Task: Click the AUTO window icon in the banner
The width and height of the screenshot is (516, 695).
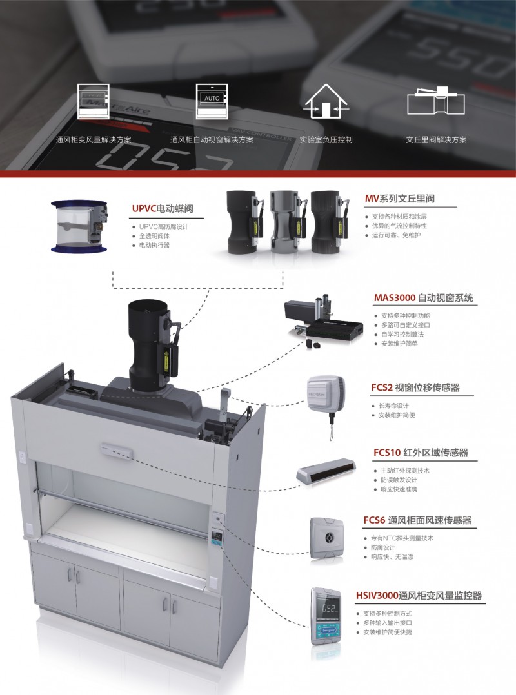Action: pos(212,101)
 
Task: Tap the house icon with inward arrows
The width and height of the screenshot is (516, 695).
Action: pos(326,101)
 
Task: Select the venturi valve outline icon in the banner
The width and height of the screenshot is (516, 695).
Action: pos(436,101)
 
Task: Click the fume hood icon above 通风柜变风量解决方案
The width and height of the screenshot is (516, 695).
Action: pos(93,101)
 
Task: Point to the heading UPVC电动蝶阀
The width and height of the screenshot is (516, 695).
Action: pos(163,209)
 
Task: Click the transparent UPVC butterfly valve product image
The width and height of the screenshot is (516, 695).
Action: pos(79,226)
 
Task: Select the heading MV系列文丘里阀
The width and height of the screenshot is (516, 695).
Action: pos(399,199)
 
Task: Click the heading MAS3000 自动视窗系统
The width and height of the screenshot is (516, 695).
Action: pos(423,298)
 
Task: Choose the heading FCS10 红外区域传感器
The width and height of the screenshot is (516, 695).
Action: pos(421,453)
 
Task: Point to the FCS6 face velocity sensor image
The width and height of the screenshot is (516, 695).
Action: pos(327,538)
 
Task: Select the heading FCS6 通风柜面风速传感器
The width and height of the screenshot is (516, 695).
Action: pos(417,520)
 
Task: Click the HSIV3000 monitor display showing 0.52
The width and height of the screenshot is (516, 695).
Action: pos(328,608)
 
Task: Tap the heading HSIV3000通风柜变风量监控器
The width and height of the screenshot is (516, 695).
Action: pos(419,596)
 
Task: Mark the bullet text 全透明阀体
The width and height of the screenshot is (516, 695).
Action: pos(154,236)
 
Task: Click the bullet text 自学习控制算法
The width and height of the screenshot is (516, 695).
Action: pos(402,334)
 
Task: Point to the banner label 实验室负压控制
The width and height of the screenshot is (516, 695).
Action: pos(326,140)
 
